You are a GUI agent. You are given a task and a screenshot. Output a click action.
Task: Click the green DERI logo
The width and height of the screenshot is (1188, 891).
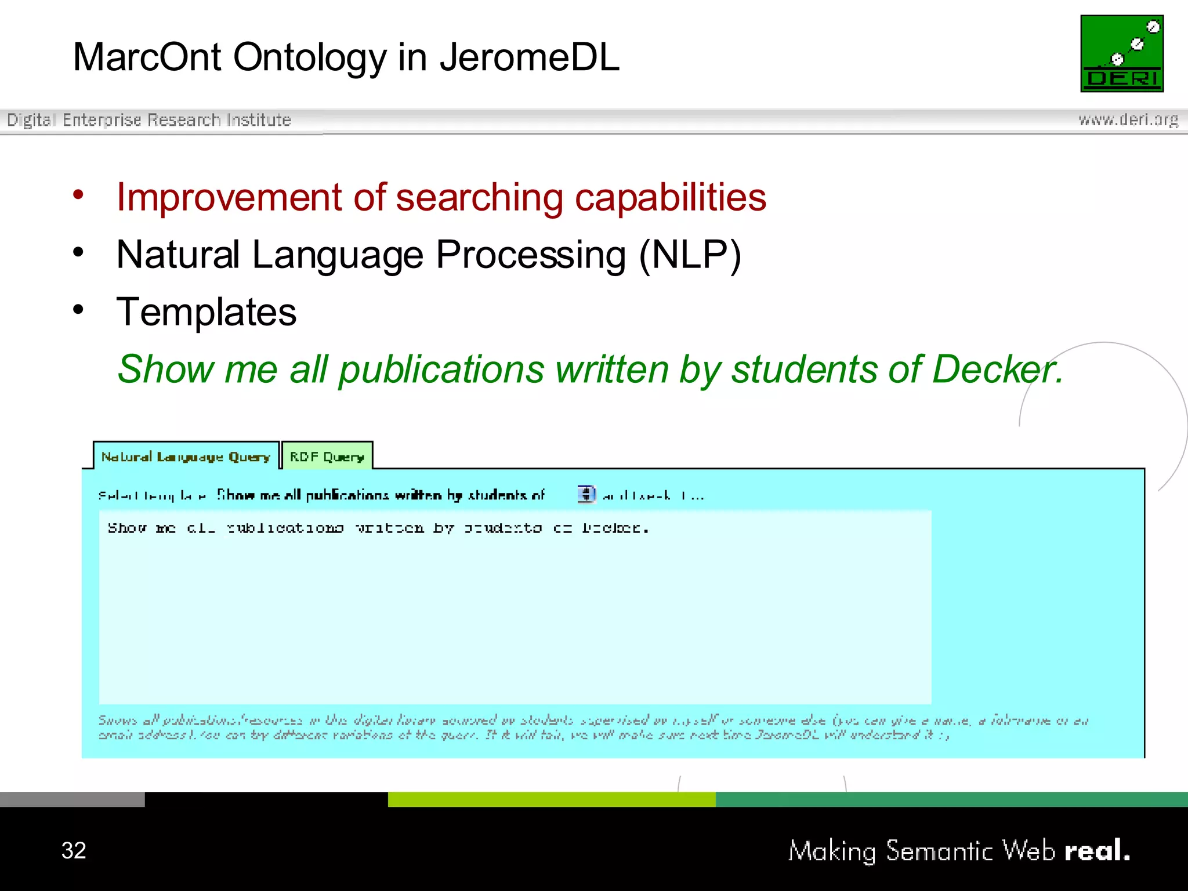pos(1121,53)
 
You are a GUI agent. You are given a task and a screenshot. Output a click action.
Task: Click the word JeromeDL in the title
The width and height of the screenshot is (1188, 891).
pos(529,57)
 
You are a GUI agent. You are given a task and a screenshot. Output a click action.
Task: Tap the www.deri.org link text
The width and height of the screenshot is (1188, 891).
pos(1128,120)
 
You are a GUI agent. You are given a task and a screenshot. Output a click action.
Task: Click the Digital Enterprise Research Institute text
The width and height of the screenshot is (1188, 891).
pos(148,120)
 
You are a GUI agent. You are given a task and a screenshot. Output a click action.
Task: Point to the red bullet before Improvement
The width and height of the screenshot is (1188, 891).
pos(78,195)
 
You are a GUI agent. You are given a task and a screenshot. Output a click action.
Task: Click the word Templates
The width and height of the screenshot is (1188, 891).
pos(206,312)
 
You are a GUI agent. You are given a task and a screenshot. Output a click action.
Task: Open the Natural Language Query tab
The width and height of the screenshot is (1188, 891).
pos(186,457)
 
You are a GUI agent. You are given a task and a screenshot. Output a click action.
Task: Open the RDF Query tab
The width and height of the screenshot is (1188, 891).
pos(327,457)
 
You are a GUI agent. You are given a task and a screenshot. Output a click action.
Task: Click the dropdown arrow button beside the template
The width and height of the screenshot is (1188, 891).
pos(586,494)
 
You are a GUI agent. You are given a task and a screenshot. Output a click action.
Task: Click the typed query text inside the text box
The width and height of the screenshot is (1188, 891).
pos(377,528)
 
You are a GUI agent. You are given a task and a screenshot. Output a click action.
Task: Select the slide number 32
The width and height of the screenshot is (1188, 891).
pos(74,850)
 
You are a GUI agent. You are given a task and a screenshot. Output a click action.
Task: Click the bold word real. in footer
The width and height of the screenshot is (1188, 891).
pos(1096,850)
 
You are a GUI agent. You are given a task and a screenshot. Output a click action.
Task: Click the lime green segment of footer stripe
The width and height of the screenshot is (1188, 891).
pos(551,799)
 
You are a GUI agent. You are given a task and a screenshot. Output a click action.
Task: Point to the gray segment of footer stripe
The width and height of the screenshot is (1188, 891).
pos(72,799)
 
